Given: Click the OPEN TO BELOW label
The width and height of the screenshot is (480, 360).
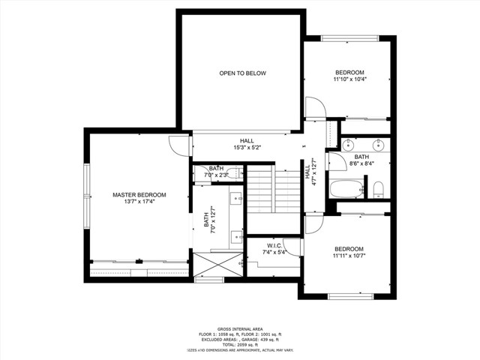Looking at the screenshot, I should (242, 73).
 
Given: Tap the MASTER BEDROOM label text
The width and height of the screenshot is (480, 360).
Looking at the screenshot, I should (139, 195).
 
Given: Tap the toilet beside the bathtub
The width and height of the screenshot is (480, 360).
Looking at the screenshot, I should (379, 188).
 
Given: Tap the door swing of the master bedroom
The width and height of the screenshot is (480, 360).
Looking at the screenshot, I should (179, 144).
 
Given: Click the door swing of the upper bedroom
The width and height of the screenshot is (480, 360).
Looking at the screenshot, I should (314, 106).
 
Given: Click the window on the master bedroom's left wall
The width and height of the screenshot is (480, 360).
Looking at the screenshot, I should (86, 195).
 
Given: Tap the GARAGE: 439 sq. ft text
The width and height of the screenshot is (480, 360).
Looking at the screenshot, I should (269, 339).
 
